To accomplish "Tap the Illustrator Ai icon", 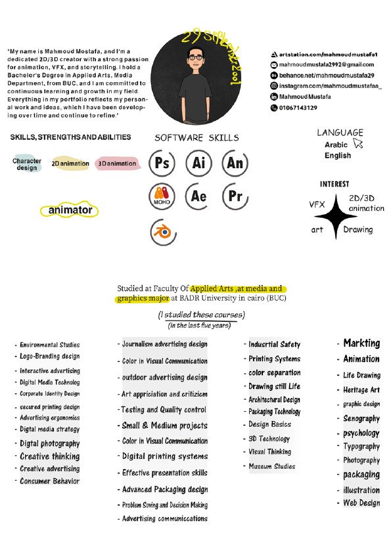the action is [x=198, y=164].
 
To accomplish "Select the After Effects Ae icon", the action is [x=198, y=196].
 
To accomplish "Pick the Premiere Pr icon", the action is [x=235, y=196].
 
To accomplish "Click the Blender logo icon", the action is [x=162, y=232].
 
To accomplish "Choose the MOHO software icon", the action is [x=162, y=196].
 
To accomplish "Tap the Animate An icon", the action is [x=235, y=164].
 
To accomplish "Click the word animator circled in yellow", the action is [x=70, y=210].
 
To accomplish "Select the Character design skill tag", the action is [x=27, y=164].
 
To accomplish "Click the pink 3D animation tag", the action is [x=118, y=164].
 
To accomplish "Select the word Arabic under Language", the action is [x=336, y=144].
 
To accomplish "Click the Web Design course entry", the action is [x=361, y=503].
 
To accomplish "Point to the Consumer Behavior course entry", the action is [x=49, y=481].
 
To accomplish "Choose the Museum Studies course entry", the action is [x=271, y=467].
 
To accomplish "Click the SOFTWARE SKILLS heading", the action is [x=196, y=138].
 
